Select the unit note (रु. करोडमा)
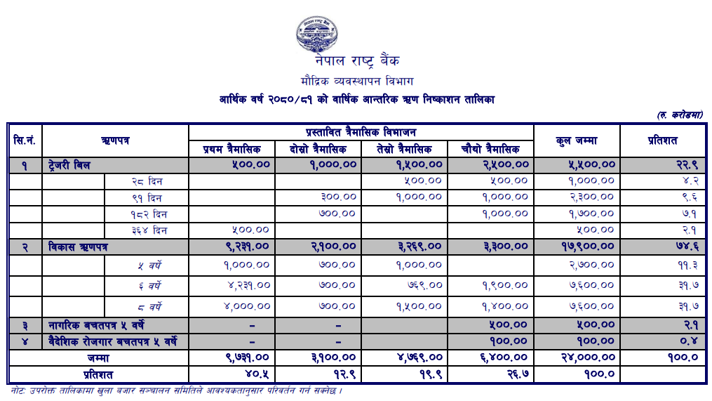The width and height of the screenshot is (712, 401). tap(680, 114)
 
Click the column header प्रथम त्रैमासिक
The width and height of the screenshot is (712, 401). tap(231, 149)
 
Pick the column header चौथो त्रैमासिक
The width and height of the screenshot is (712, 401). tap(490, 149)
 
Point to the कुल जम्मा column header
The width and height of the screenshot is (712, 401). tap(576, 140)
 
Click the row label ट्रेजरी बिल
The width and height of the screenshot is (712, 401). tap(70, 165)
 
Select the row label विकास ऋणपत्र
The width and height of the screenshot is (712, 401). tap(79, 247)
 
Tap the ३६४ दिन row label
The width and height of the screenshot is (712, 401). tap(149, 230)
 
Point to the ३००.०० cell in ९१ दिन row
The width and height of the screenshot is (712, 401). tap(338, 197)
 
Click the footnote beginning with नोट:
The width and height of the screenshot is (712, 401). tap(175, 390)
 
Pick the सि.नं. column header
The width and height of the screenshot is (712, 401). tap(25, 140)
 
